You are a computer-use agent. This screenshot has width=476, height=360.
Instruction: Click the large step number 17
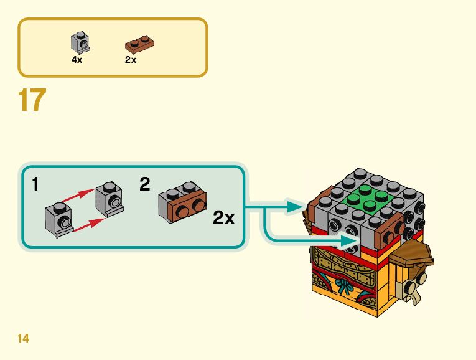point(33,100)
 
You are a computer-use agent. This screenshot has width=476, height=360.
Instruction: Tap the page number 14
point(24,339)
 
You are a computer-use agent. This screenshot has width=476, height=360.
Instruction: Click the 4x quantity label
point(77,60)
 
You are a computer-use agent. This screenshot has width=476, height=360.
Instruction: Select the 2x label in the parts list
point(131,60)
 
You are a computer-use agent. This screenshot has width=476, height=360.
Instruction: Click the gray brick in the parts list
point(80,42)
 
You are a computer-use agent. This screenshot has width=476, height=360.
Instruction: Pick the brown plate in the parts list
point(140,44)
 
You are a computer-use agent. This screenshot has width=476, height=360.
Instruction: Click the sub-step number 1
point(37,184)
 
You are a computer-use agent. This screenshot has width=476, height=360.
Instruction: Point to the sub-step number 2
point(145,184)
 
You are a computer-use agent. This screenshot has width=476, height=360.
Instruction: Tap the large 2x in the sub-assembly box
point(224,218)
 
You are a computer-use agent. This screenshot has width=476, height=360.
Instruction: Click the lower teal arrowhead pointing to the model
point(352,239)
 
